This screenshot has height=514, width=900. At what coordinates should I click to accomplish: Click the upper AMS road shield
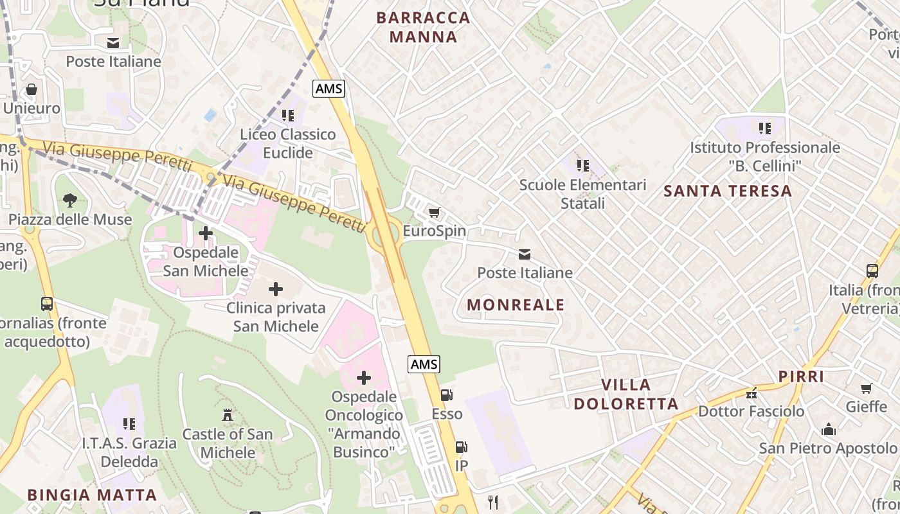(x=329, y=89)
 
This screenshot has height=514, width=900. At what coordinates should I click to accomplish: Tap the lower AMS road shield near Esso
(x=424, y=364)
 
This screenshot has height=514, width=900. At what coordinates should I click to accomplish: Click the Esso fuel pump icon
(x=446, y=395)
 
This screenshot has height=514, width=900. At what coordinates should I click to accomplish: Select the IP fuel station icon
(x=461, y=447)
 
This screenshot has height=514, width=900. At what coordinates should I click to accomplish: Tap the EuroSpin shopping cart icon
(x=434, y=212)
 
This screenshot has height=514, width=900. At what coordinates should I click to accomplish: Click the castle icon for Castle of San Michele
(x=227, y=415)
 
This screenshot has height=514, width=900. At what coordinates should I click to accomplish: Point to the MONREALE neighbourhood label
(x=516, y=305)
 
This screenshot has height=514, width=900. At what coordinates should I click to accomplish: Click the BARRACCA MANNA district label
(x=423, y=27)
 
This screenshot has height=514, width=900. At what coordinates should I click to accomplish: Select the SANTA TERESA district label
(x=728, y=191)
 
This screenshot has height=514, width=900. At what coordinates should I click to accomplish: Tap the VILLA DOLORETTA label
(x=625, y=394)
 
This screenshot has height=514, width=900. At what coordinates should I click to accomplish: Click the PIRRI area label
(x=801, y=377)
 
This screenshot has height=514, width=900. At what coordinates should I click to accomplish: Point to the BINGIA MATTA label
(x=92, y=495)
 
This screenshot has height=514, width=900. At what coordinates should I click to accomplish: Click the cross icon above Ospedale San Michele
(x=206, y=233)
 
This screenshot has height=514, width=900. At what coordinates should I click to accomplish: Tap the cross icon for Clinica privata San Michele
(x=276, y=289)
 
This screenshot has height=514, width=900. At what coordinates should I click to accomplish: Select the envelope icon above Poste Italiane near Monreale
(x=525, y=254)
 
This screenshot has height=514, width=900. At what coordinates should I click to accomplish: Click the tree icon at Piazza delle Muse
(x=70, y=200)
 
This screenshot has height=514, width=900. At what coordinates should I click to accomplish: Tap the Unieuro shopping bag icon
(x=31, y=89)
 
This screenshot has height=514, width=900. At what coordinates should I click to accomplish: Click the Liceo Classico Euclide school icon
(x=287, y=116)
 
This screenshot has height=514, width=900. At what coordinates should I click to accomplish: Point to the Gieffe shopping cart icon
(x=866, y=388)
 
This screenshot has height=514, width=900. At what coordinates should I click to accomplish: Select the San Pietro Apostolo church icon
(x=829, y=429)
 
